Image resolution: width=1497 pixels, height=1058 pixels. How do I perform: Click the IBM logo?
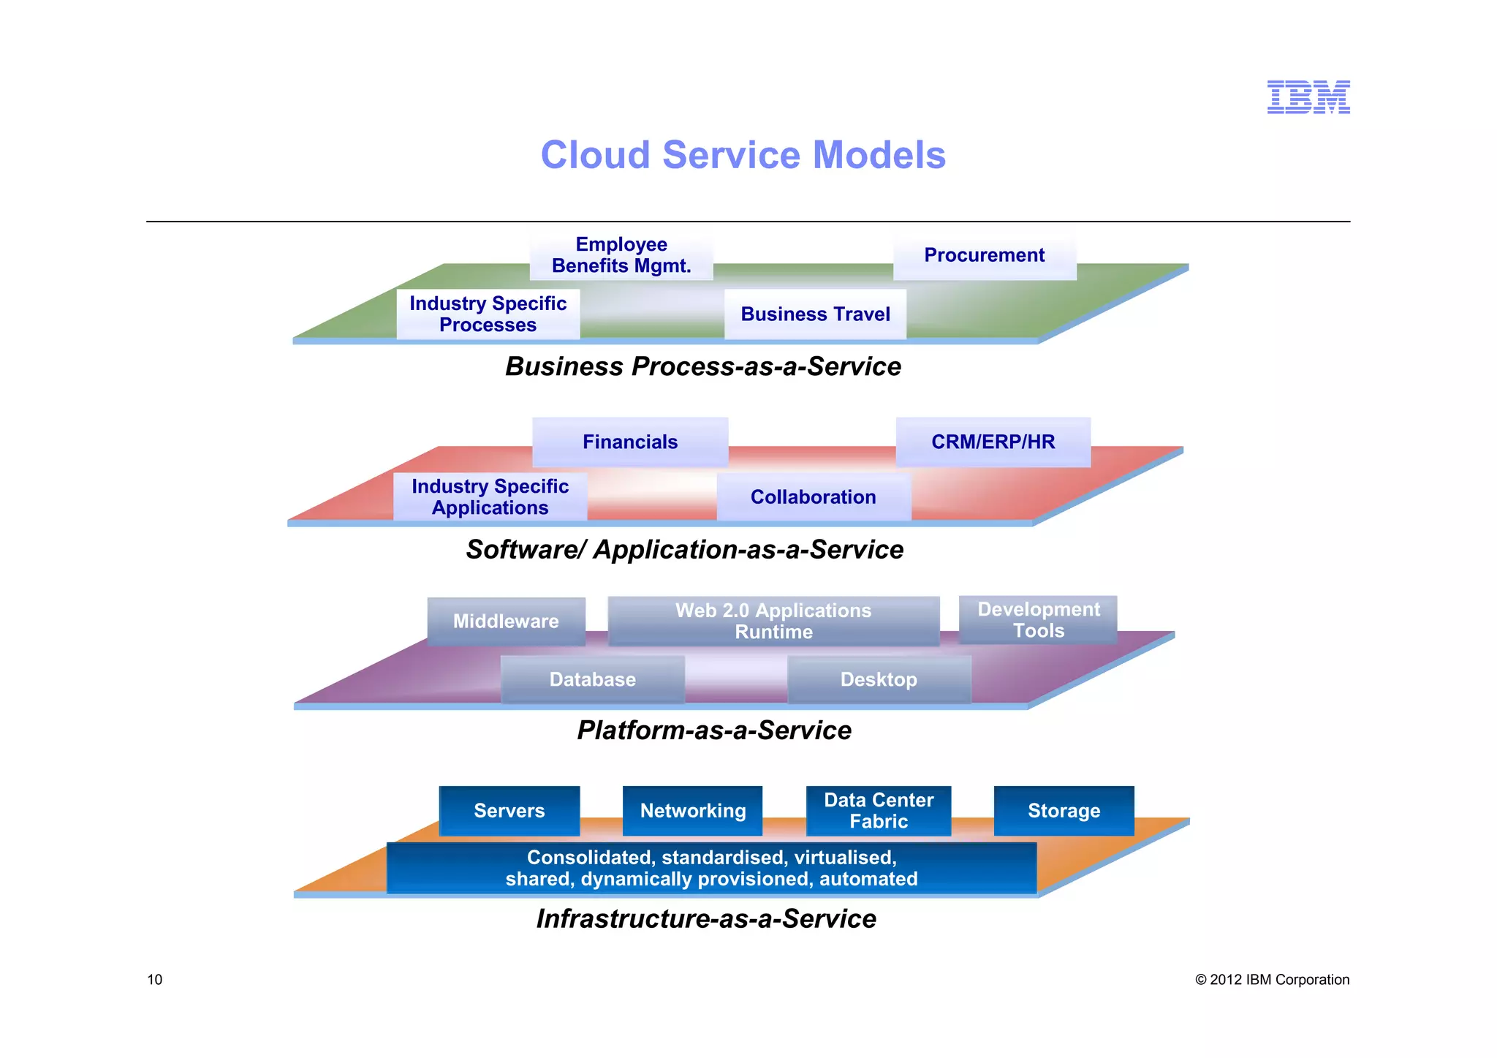tap(1308, 97)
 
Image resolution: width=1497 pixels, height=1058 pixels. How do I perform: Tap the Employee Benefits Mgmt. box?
tap(621, 255)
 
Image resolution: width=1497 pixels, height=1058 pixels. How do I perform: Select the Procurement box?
tap(984, 255)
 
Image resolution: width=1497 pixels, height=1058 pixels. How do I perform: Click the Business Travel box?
tap(815, 314)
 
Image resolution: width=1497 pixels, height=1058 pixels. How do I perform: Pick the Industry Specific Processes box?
tap(488, 314)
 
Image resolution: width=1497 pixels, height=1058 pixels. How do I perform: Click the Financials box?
tap(630, 442)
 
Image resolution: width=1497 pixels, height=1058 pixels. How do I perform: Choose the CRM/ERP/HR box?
tap(993, 442)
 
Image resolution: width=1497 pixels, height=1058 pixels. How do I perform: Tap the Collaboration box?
tap(813, 497)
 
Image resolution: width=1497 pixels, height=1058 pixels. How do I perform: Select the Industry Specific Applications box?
tap(490, 497)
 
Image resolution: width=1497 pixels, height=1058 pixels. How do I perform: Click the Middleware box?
tap(506, 621)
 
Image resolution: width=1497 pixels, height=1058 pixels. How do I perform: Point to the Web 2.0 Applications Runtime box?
tap(773, 621)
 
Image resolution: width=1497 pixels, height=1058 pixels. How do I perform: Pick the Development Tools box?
tap(1038, 620)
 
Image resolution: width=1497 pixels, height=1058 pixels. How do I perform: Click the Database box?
tap(592, 680)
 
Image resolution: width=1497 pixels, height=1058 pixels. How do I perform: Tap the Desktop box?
tap(879, 680)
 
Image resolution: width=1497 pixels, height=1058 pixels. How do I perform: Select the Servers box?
tap(509, 811)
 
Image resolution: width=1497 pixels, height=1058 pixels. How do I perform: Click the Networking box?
tap(692, 811)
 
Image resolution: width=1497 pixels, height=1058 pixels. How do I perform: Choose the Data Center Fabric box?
tap(879, 811)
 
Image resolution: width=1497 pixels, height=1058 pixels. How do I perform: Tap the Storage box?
tap(1064, 811)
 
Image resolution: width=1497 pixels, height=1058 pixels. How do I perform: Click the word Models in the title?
tap(879, 155)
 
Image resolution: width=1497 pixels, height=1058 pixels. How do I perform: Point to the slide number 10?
tap(155, 980)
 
